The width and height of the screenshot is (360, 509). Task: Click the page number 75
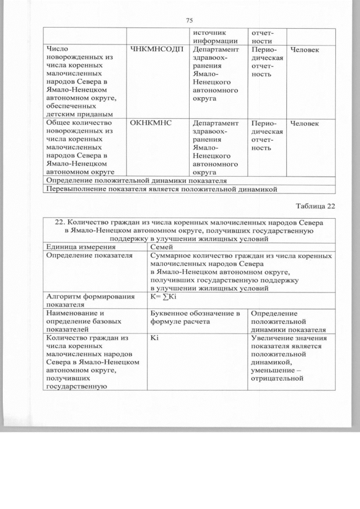189,21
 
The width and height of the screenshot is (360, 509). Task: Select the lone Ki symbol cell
155,339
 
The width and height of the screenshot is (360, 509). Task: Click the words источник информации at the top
214,36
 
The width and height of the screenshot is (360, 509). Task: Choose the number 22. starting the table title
62,222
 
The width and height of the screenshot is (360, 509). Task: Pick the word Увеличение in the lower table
274,339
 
